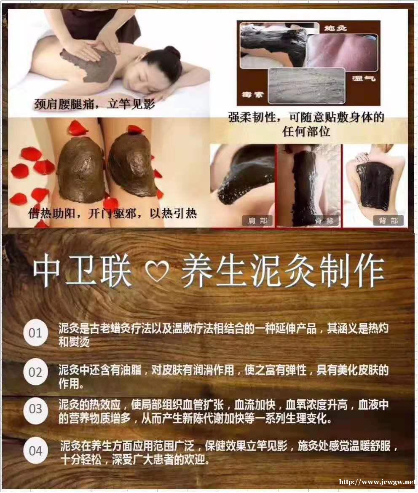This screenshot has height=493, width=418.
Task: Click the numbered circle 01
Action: (35, 333)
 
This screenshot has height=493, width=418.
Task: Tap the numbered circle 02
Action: (35, 372)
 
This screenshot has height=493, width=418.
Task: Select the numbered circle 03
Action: (35, 409)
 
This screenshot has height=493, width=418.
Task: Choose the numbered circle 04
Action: (35, 450)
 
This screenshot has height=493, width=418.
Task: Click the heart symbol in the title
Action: (158, 271)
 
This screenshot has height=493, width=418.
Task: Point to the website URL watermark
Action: (378, 482)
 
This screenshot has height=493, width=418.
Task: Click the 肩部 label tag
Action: (257, 220)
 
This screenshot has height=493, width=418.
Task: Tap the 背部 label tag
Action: (389, 220)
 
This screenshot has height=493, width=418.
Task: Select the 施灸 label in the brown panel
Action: (336, 28)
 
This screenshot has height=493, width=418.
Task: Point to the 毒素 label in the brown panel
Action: (252, 94)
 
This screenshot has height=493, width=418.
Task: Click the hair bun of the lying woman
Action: (172, 52)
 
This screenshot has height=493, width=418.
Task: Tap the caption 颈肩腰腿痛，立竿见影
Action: (95, 104)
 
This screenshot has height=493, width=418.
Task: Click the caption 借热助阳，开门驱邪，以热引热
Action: (112, 214)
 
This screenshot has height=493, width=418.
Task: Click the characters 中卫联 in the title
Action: (83, 271)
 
